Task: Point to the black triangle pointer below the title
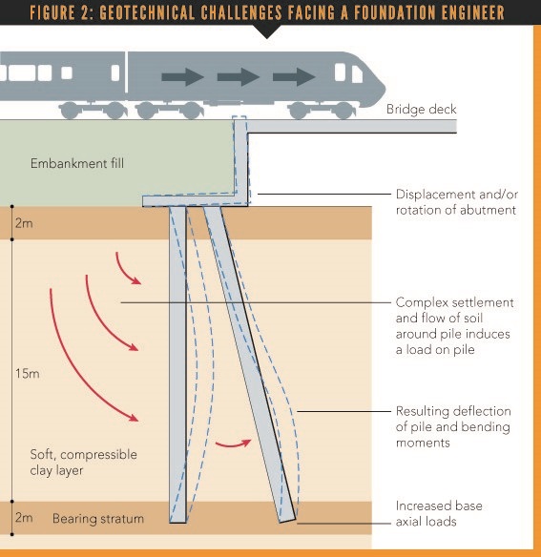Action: pos(270,31)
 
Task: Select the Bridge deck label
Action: pos(421,110)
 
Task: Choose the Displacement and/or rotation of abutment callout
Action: pos(455,202)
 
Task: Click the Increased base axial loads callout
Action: pos(441,512)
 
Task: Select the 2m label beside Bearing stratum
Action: pos(24,518)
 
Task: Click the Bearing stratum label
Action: pos(97,519)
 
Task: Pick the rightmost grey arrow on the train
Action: pos(293,77)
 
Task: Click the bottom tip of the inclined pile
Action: pos(289,519)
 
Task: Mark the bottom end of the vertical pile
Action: pos(177,521)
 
